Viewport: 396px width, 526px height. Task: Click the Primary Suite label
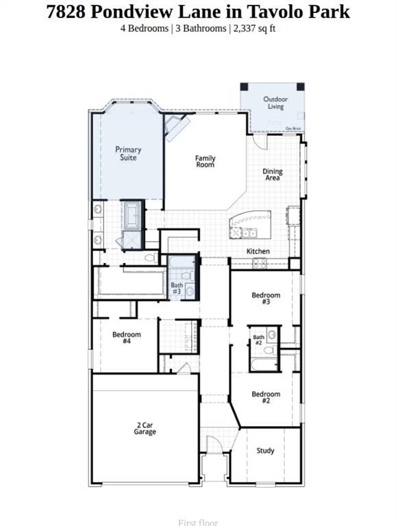coord(128,153)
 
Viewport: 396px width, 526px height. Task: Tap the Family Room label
coord(205,162)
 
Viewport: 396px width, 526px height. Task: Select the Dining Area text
coord(273,175)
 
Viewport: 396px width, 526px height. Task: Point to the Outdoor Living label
coord(275,103)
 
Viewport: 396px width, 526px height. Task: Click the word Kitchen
coord(258,251)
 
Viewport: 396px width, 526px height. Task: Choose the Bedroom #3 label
coord(266,299)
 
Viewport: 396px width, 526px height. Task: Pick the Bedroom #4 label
coord(127,338)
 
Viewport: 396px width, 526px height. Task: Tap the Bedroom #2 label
coord(266,397)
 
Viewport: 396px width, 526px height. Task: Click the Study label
coord(266,451)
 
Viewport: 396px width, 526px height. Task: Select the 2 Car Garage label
coord(145,429)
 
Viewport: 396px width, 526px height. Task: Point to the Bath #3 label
coord(177,288)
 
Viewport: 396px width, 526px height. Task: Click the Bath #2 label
coord(258,340)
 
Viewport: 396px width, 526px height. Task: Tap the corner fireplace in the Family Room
coord(175,127)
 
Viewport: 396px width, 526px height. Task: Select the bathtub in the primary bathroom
coord(131,215)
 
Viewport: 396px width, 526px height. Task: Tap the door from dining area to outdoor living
coord(261,140)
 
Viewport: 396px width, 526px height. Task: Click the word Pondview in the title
coord(145,12)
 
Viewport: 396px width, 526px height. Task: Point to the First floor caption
coord(197,522)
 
